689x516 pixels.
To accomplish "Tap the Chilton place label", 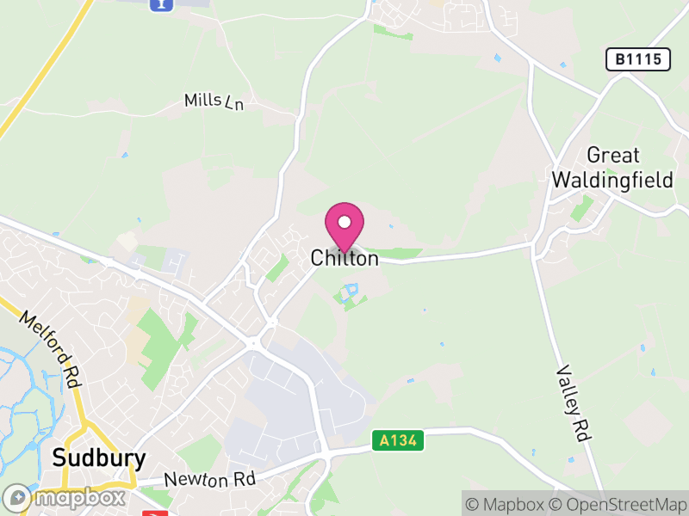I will click(x=344, y=258).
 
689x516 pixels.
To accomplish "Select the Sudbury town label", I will click(x=99, y=458).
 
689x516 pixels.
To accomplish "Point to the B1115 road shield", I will click(x=638, y=59).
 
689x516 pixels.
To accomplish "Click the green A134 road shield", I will click(x=400, y=440).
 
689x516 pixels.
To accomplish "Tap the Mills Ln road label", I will click(x=214, y=101).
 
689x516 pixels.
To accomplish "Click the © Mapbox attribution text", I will click(x=507, y=503).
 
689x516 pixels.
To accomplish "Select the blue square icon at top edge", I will click(x=160, y=4).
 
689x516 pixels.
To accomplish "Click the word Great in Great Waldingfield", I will click(x=613, y=156).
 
